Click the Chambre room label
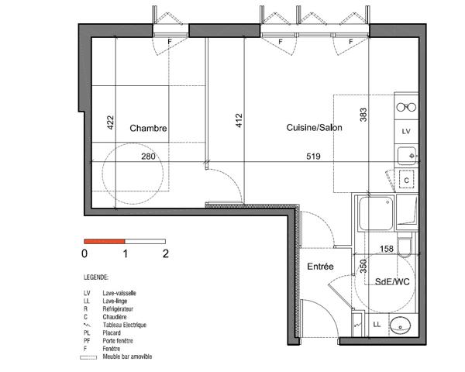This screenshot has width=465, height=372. pyautogui.click(x=149, y=129)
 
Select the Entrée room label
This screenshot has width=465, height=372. pyautogui.click(x=320, y=266)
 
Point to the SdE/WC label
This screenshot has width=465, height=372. pyautogui.click(x=391, y=281)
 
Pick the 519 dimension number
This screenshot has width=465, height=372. pyautogui.click(x=313, y=156)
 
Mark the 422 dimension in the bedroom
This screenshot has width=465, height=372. pyautogui.click(x=110, y=122)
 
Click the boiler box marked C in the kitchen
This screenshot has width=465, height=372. pyautogui.click(x=405, y=180)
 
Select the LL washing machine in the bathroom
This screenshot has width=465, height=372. pyautogui.click(x=377, y=324)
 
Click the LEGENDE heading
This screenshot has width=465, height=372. pyautogui.click(x=96, y=276)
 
